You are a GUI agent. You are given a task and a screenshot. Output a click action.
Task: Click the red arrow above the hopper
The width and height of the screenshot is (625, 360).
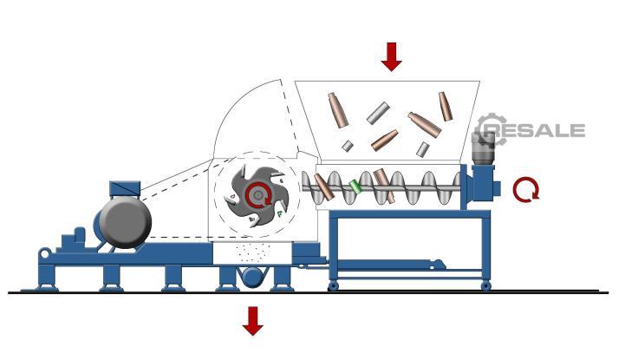391,57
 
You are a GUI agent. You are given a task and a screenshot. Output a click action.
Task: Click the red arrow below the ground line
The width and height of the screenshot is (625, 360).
253,321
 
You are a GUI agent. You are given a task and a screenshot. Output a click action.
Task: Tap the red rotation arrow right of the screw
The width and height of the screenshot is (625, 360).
526,189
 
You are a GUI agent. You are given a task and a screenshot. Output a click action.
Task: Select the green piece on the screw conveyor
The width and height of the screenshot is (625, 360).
355,187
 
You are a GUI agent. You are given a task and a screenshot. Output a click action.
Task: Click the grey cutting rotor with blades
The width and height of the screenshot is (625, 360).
258,196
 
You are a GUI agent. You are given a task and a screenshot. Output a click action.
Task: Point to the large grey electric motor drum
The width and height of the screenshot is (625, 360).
125,222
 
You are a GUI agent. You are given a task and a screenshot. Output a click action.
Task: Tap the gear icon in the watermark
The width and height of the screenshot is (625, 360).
490,128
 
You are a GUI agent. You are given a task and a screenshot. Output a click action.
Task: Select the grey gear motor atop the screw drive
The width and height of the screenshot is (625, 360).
483,148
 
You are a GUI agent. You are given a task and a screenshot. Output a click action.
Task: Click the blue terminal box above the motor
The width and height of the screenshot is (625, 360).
125,188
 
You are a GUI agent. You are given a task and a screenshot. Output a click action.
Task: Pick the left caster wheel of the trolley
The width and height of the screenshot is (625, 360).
333,285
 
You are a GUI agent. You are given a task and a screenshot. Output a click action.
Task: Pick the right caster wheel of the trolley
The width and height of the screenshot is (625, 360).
485,285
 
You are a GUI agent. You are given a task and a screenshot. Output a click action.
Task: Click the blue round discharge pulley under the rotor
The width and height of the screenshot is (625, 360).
253,277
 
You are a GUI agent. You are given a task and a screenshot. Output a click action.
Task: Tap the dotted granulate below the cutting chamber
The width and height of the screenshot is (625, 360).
253,252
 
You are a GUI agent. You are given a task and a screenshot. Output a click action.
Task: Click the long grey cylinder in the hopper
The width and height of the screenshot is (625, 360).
378,113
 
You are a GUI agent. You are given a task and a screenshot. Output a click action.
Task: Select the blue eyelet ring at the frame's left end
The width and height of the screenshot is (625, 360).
45,253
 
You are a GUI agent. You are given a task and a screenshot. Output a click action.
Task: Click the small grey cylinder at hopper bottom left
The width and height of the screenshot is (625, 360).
348,146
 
